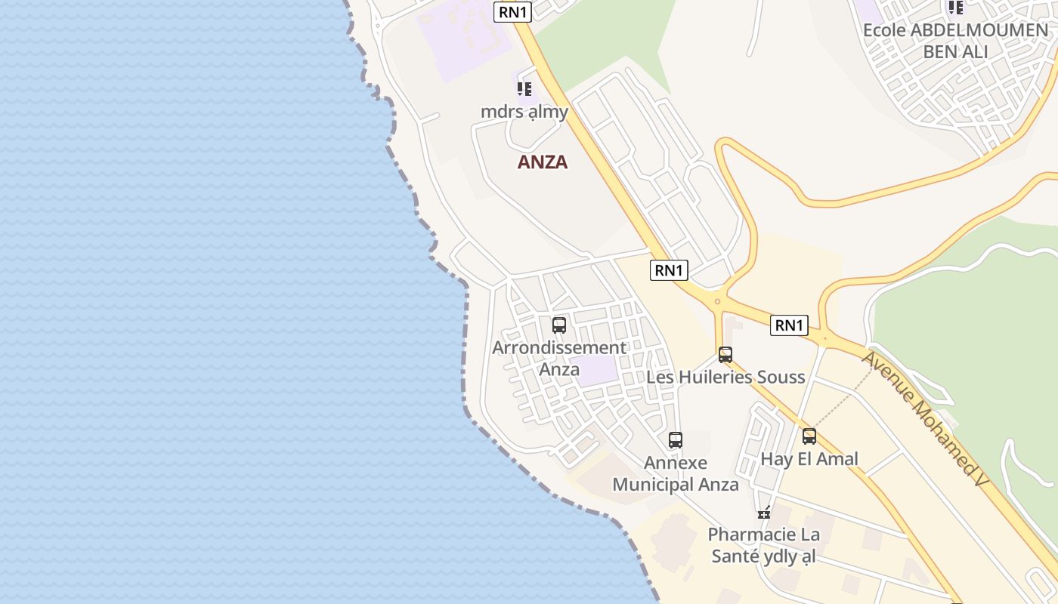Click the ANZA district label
[x=542, y=162]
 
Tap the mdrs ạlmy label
[x=524, y=111]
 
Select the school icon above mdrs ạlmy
[x=524, y=89]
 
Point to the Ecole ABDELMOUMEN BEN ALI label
[x=955, y=41]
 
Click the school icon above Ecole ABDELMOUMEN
[x=956, y=8]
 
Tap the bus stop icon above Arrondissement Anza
[x=559, y=325]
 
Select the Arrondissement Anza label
[x=559, y=358]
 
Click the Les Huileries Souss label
[x=725, y=376]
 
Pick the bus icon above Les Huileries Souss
[x=725, y=355]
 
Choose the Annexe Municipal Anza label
[x=676, y=473]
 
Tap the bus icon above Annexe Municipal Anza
[x=676, y=439]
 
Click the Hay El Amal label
[x=809, y=458]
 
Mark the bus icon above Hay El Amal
[x=809, y=436]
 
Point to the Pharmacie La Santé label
[x=763, y=545]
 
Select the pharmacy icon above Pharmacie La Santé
[x=764, y=513]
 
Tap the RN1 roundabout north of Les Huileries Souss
[x=717, y=301]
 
